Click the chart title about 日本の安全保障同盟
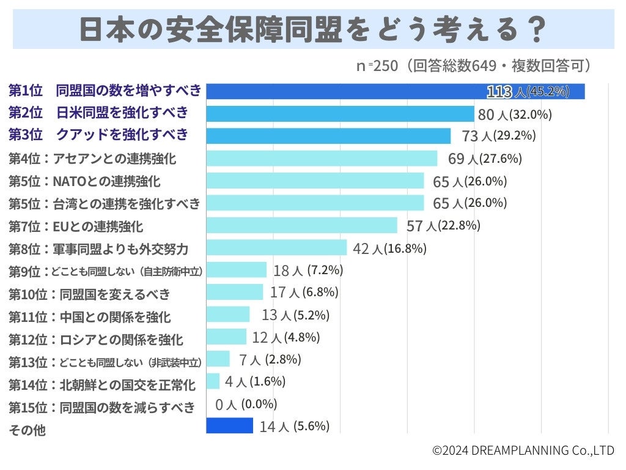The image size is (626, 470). [313, 29]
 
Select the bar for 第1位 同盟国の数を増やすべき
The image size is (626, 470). [395, 91]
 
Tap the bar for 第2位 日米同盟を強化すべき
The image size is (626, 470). [340, 114]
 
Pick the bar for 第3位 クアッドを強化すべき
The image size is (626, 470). [328, 136]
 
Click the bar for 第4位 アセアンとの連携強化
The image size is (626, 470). [322, 159]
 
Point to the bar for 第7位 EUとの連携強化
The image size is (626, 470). [301, 225]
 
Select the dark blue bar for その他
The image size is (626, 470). [229, 425]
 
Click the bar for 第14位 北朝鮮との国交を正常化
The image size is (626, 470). [213, 381]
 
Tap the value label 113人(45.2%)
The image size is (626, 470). [528, 92]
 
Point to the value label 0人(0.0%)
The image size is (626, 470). [246, 404]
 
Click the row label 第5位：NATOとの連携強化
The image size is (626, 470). [84, 181]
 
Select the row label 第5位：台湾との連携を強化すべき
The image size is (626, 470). [104, 203]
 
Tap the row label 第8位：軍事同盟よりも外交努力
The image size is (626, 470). [98, 248]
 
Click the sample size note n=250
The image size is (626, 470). [377, 66]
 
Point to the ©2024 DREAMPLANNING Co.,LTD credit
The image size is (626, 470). [523, 450]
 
